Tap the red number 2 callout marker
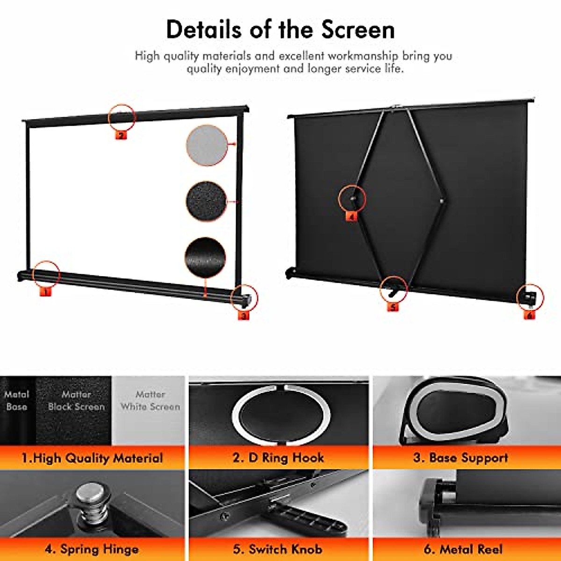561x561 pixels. click(x=121, y=136)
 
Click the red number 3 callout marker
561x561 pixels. click(x=244, y=316)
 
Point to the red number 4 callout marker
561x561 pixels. click(x=351, y=216)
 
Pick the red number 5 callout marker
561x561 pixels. click(x=393, y=307)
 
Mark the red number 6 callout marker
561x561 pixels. click(x=529, y=316)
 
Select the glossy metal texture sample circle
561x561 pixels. click(x=205, y=258)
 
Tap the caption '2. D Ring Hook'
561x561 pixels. click(x=278, y=457)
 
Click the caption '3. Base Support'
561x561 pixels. click(x=460, y=457)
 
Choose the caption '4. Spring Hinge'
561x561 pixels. click(x=92, y=548)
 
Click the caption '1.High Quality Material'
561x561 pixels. click(x=92, y=458)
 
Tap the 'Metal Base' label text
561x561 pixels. click(x=17, y=401)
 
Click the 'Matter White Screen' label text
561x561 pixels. click(x=150, y=401)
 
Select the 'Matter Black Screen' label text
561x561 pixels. click(x=76, y=401)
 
